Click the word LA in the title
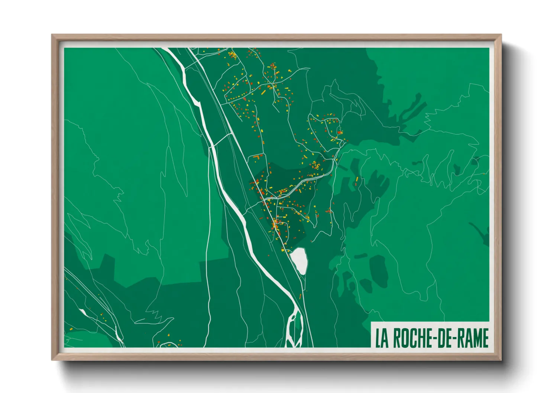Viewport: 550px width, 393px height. (x=382, y=338)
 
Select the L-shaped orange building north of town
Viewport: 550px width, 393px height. (x=256, y=158)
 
